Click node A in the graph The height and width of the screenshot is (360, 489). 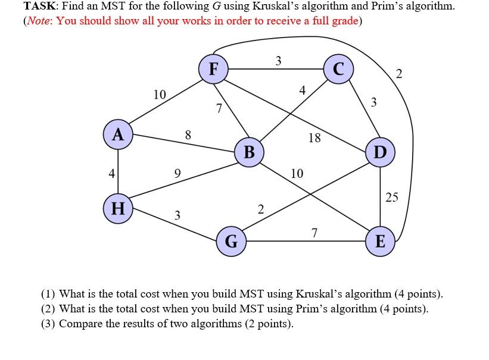point(118,134)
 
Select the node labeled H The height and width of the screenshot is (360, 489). point(118,208)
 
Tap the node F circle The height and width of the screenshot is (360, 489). point(213,68)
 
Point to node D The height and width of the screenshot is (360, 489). point(380,152)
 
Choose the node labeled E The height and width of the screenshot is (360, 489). point(380,242)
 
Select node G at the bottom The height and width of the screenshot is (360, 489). point(231,242)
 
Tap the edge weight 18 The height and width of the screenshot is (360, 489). point(314,139)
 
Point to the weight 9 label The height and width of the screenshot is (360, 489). point(177,174)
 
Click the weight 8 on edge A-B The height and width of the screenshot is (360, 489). point(188,135)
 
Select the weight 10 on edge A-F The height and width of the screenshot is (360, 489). point(159,94)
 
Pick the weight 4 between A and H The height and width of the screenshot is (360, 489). point(111,174)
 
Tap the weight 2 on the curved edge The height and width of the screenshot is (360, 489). point(399,74)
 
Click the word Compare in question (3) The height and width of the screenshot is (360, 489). point(80,324)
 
